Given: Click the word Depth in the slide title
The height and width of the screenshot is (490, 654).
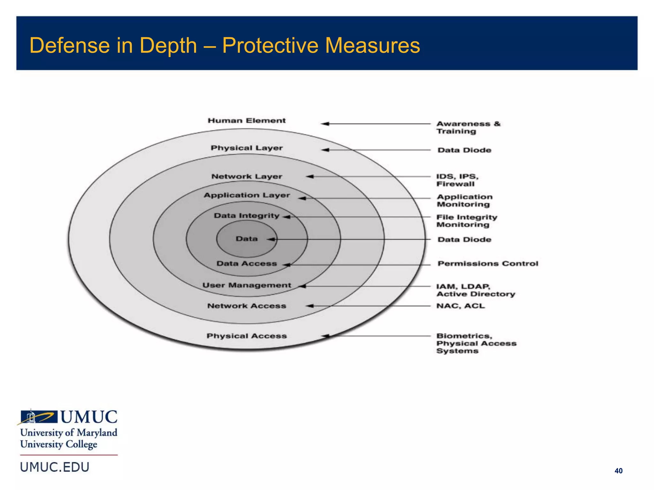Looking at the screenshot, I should (168, 46).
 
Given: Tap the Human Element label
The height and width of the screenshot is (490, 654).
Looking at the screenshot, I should (247, 121).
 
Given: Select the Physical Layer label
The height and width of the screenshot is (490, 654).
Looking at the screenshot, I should (247, 148).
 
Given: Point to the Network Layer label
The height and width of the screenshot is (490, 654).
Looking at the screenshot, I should (247, 176).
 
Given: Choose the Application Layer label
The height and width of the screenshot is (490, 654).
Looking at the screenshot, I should (247, 195).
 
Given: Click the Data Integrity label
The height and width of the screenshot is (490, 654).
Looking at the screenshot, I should (246, 216).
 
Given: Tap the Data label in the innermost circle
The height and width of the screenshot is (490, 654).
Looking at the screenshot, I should (246, 239).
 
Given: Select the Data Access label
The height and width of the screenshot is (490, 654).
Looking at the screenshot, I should (246, 264).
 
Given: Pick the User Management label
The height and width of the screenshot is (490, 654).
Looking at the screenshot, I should (247, 285).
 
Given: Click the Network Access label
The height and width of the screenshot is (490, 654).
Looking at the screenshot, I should (247, 306).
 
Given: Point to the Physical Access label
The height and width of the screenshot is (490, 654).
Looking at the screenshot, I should (247, 336).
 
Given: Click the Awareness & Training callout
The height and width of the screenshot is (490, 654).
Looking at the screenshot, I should (468, 128).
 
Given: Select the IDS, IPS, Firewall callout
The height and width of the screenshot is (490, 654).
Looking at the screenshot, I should (457, 180).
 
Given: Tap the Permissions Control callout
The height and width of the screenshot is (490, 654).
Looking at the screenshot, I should (488, 264).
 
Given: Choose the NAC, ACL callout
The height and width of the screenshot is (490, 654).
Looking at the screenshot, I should (460, 306).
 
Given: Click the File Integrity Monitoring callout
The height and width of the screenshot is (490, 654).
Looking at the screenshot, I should (467, 221).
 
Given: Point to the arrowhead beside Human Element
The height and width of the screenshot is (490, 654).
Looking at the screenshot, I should (325, 124).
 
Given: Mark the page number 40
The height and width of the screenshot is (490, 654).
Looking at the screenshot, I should (618, 471).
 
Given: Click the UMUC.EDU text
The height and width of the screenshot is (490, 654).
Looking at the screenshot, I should (55, 467).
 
